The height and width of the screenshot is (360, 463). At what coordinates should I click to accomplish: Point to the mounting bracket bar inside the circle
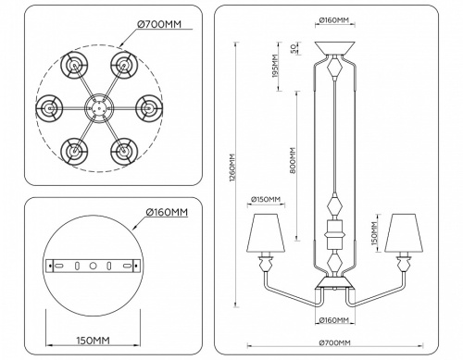point(92,265)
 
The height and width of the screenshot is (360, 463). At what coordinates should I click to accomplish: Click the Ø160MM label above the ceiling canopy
point(333,19)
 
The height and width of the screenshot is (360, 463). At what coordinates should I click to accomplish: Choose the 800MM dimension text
point(294,163)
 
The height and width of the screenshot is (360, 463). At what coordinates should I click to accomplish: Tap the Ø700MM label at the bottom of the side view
point(335,346)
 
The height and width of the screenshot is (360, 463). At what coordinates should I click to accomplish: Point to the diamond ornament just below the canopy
point(333,69)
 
